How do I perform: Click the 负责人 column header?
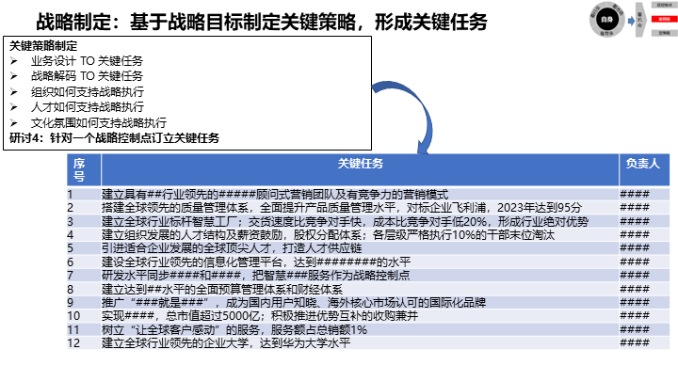(x=642, y=164)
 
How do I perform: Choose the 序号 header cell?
(x=79, y=169)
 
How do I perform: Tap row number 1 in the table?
(x=70, y=195)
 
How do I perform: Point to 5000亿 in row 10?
(x=218, y=316)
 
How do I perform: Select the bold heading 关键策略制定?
(x=44, y=46)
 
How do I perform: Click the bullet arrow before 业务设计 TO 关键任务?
(x=12, y=60)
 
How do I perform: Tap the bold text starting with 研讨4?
(x=114, y=137)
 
